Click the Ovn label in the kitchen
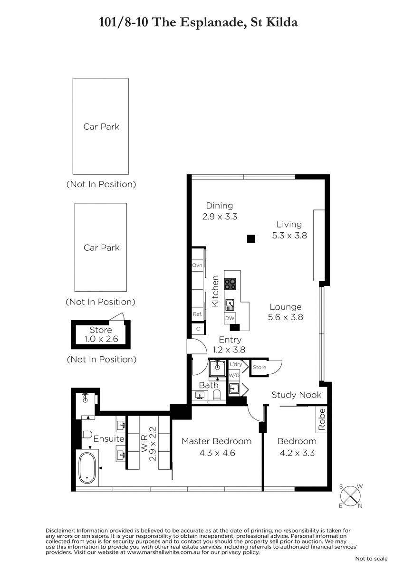pos(197,265)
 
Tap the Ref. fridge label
pos(197,314)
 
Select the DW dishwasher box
pos(230,318)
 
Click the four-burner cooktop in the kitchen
pos(230,284)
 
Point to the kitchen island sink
pos(230,305)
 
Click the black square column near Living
pos(251,238)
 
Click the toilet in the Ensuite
pos(86,435)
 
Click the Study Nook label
pos(297,395)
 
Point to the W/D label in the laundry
pos(234,375)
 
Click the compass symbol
pos(351,496)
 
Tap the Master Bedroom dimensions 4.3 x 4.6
pos(217,453)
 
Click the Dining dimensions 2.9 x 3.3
pos(220,217)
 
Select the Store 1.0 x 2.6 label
pos(101,334)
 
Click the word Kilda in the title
pos(282,22)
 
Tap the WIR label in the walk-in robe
pos(144,444)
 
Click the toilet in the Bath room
pos(216,395)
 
